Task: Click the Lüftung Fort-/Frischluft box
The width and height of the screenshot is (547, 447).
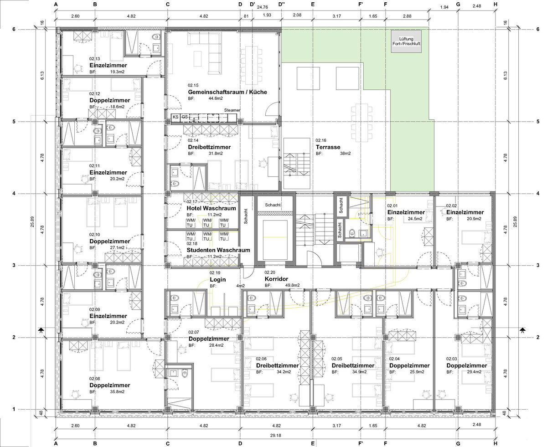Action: (406, 41)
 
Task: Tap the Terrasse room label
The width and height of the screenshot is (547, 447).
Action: (328, 147)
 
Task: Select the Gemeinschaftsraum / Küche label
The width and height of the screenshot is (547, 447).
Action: (227, 92)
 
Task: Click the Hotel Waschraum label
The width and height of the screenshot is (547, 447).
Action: (211, 208)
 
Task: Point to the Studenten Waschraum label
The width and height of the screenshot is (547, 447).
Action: (218, 250)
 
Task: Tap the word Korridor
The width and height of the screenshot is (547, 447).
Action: (276, 279)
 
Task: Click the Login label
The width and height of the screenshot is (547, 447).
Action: (217, 279)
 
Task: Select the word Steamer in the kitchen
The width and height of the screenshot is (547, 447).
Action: (232, 110)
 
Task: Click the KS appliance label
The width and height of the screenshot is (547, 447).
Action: (175, 117)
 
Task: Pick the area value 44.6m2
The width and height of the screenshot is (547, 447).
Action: (216, 98)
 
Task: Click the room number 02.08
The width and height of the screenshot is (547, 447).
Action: (95, 379)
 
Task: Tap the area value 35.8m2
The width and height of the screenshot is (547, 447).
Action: (117, 392)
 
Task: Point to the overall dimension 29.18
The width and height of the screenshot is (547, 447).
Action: (275, 435)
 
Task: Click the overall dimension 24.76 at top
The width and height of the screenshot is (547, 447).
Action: (262, 7)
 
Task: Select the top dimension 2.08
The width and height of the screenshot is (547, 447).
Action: (297, 15)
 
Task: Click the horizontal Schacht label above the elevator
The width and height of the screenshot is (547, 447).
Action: (273, 205)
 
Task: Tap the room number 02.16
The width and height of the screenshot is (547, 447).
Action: (321, 140)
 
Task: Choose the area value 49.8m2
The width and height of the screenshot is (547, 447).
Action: (292, 285)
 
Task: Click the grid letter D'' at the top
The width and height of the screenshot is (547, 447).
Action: (282, 4)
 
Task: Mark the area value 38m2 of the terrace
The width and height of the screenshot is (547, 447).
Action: (345, 154)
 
